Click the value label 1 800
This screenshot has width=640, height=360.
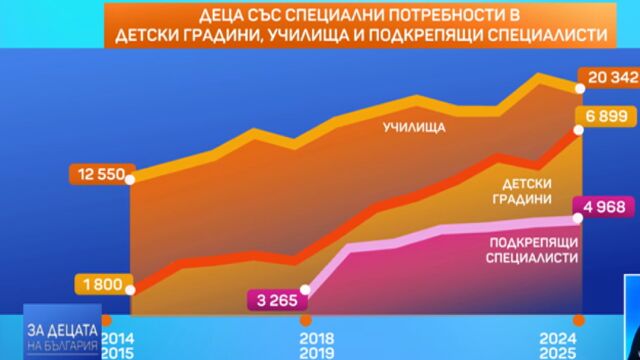point(101,285)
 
